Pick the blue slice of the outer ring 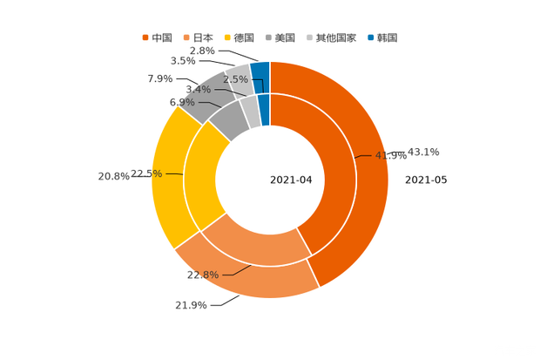tap(260, 72)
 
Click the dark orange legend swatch tap(145, 37)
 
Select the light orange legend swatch tap(186, 37)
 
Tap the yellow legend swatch tap(226, 37)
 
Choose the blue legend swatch tap(371, 37)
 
